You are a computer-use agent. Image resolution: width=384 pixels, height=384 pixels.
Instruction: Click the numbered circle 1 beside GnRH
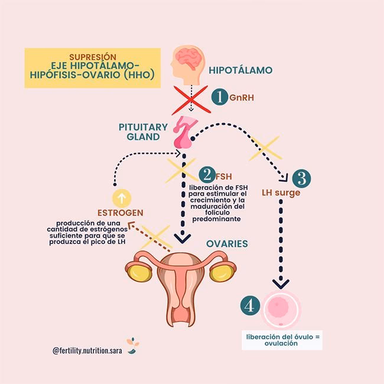[x=219, y=97]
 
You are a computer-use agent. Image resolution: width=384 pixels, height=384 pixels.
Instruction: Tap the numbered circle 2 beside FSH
[x=207, y=175]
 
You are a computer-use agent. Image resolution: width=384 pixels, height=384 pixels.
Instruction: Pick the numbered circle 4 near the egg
[x=250, y=305]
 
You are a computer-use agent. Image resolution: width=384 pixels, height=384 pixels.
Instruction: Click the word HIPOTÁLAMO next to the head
[x=241, y=70]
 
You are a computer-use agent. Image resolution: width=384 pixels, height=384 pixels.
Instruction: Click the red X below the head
[x=190, y=99]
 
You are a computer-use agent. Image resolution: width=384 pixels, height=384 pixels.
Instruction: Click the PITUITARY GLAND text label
[x=140, y=131]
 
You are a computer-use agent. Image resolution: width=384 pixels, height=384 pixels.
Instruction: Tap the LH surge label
[x=281, y=193]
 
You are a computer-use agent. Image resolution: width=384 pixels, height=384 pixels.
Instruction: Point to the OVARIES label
[x=227, y=243]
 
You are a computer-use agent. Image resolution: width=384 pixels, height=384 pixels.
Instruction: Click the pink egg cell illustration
[x=282, y=308]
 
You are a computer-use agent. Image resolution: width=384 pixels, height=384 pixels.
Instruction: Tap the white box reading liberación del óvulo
[x=284, y=340]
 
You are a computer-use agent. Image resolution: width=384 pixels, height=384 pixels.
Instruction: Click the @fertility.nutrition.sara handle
[x=86, y=350]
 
